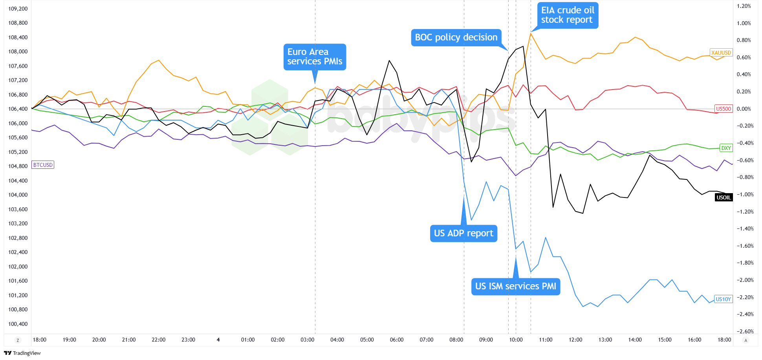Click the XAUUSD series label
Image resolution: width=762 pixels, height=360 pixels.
coord(721,53)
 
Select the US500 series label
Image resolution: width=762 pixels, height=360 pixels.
coord(724,109)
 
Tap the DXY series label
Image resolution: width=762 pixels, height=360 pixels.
coord(726,148)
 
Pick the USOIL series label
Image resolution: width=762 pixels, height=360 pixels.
coord(724,197)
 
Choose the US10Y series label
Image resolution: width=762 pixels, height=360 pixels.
coord(723,299)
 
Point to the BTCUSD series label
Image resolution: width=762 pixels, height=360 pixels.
coord(43,165)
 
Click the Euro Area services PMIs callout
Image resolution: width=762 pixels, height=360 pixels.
coord(315,57)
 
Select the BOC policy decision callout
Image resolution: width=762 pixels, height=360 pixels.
coord(456,37)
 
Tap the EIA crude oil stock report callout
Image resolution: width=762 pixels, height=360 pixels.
coord(568,15)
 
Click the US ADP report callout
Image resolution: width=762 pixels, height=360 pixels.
coord(463,233)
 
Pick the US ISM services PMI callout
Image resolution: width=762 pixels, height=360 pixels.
coord(515,286)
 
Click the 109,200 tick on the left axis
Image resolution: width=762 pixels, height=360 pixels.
coord(18,9)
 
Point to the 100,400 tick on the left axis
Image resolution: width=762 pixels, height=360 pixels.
coord(18,324)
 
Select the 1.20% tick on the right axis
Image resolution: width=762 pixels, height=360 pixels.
coord(744,6)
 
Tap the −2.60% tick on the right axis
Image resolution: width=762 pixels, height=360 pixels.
coord(744,331)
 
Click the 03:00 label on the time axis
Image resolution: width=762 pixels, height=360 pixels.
coord(307,340)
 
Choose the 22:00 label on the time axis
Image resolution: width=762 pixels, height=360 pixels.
coord(158,340)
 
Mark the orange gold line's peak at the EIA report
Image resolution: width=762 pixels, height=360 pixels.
coord(531,33)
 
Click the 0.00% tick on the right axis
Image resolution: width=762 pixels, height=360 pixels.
coord(744,109)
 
